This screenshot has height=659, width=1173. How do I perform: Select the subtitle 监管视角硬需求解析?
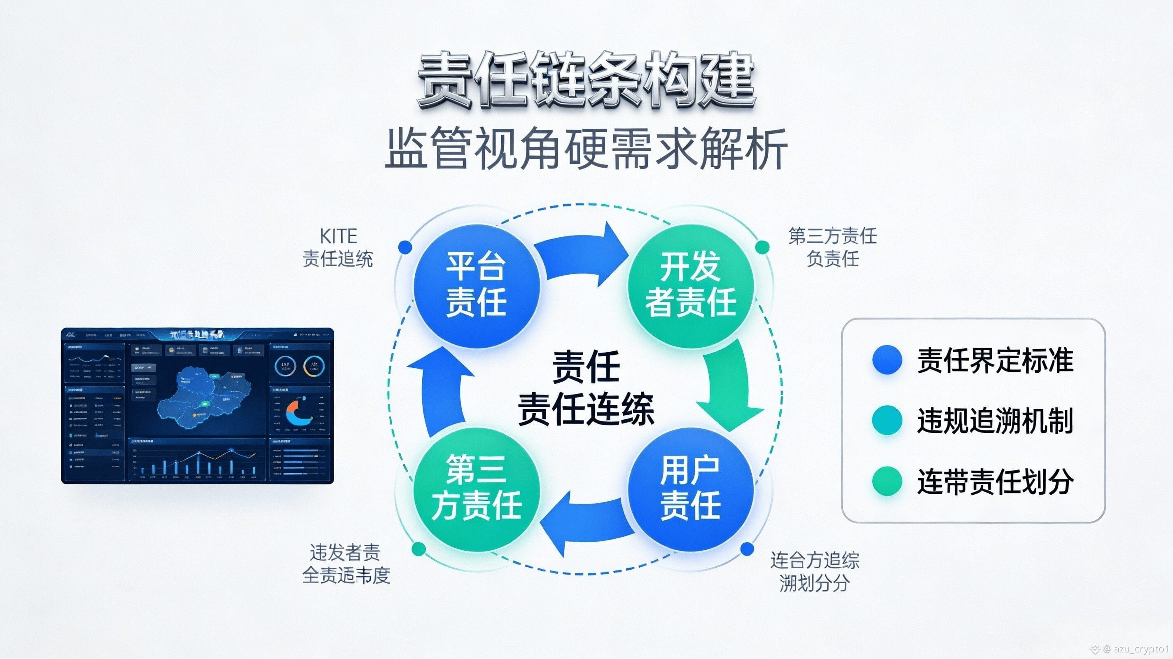point(586,148)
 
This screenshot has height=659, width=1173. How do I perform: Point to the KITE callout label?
point(338,247)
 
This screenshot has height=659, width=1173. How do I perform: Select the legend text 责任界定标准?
point(995,360)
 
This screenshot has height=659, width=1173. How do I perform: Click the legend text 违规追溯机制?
point(995,421)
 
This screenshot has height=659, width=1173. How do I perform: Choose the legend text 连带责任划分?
point(995,481)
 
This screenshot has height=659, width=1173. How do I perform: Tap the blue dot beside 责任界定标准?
point(887,360)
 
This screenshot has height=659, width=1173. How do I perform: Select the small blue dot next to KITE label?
point(405,247)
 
